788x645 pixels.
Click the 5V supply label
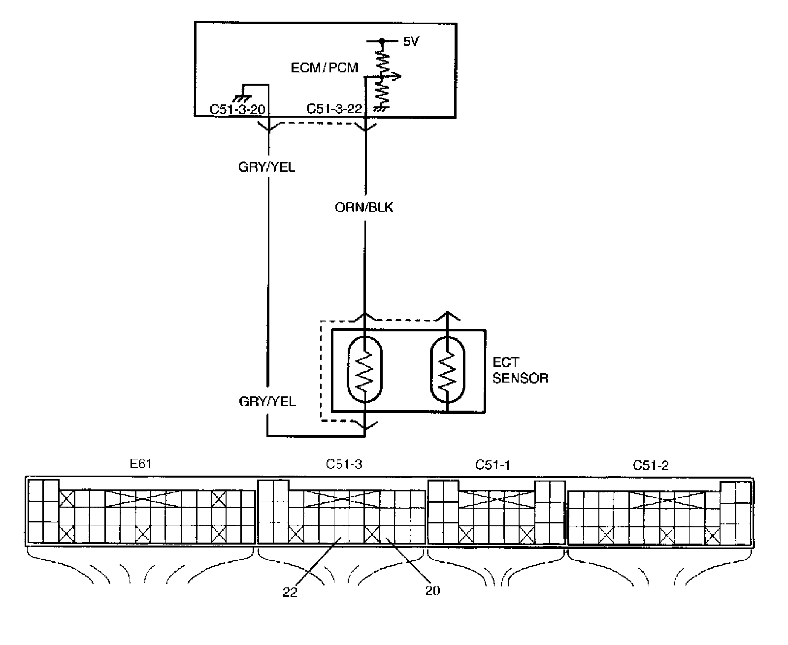click(410, 42)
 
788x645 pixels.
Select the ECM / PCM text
click(325, 67)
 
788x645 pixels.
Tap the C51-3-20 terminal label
click(237, 109)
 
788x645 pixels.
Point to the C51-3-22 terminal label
click(334, 109)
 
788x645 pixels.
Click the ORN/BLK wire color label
click(364, 207)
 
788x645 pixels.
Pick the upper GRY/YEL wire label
click(267, 167)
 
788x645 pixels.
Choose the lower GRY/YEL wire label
click(267, 402)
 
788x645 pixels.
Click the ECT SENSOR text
click(520, 371)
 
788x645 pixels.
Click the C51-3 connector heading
click(344, 464)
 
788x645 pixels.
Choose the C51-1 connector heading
click(492, 464)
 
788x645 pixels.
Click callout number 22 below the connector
click(290, 593)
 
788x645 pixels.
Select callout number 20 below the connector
click(432, 590)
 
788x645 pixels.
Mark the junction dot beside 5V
click(381, 41)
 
